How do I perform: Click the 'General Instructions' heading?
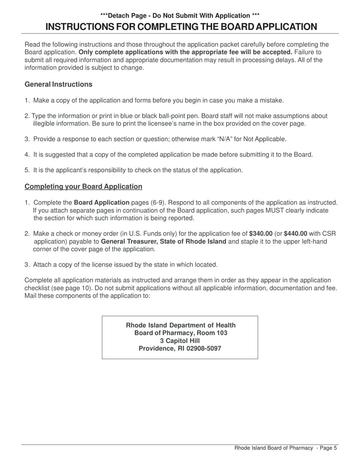coord(58,84)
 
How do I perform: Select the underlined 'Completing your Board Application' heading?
coord(83,186)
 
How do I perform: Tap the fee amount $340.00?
coord(261,233)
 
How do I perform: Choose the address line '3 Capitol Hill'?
coord(180,341)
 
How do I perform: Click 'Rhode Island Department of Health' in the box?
coord(180,325)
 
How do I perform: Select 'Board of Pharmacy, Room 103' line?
coord(180,333)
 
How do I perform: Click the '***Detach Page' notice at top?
coord(125,16)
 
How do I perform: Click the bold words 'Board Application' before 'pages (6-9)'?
coord(101,203)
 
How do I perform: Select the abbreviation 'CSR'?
coord(328,233)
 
